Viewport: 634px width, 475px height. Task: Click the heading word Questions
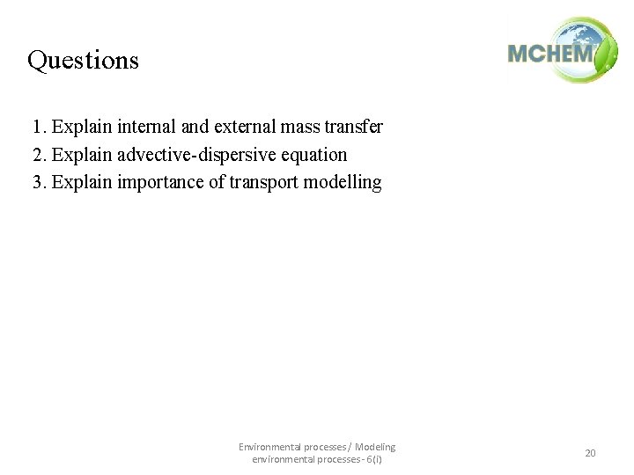click(x=83, y=60)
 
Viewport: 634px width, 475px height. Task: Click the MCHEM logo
click(x=562, y=51)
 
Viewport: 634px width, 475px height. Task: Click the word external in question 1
click(x=245, y=127)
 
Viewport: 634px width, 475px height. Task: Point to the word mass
click(x=301, y=127)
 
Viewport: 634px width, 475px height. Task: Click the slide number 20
click(x=590, y=453)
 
